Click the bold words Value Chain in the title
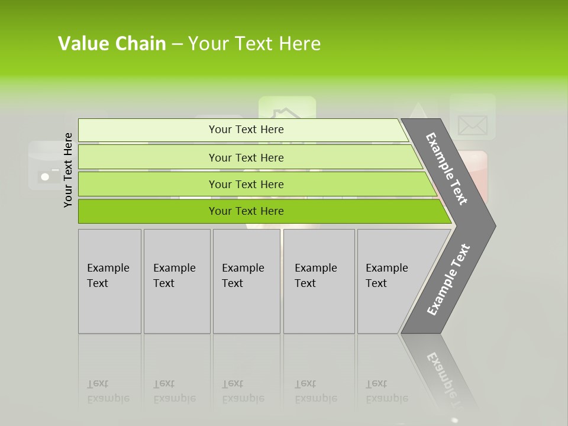pos(112,44)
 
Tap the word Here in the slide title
pos(299,44)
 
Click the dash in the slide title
pos(177,44)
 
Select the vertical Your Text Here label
pos(68,170)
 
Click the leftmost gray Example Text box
pos(109,281)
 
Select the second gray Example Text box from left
pos(177,281)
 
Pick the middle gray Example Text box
pos(246,281)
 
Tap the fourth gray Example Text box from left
pos(319,281)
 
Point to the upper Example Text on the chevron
pos(447,169)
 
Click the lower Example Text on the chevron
pos(448,279)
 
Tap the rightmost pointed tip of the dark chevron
pos(494,225)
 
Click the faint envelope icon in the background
pos(472,125)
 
